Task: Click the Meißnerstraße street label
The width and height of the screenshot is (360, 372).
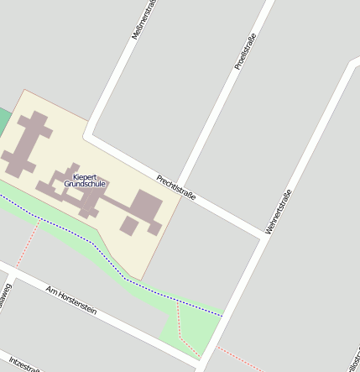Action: pyautogui.click(x=142, y=18)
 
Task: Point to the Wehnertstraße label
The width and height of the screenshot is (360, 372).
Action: pyautogui.click(x=278, y=211)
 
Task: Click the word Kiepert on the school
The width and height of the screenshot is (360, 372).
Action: pyautogui.click(x=85, y=176)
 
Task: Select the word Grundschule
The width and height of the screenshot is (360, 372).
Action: pyautogui.click(x=85, y=184)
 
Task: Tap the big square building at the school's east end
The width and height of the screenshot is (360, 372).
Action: pyautogui.click(x=144, y=210)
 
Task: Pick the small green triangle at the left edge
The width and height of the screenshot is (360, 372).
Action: pyautogui.click(x=3, y=118)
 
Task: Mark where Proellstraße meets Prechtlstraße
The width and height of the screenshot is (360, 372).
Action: pyautogui.click(x=179, y=186)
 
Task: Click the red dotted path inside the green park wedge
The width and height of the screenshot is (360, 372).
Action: pyautogui.click(x=180, y=331)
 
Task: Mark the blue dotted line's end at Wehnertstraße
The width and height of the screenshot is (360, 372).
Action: pyautogui.click(x=223, y=316)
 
